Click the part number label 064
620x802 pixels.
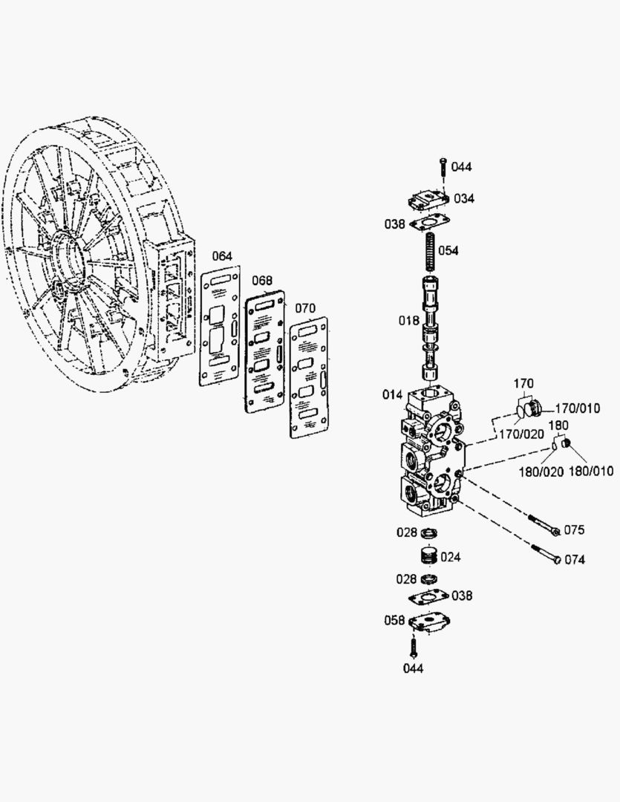coord(221,257)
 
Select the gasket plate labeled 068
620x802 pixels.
coord(264,352)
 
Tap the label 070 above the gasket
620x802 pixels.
coord(305,308)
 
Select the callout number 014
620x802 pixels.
coord(393,394)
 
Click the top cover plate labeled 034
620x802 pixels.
coord(428,200)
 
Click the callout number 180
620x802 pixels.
coord(558,425)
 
